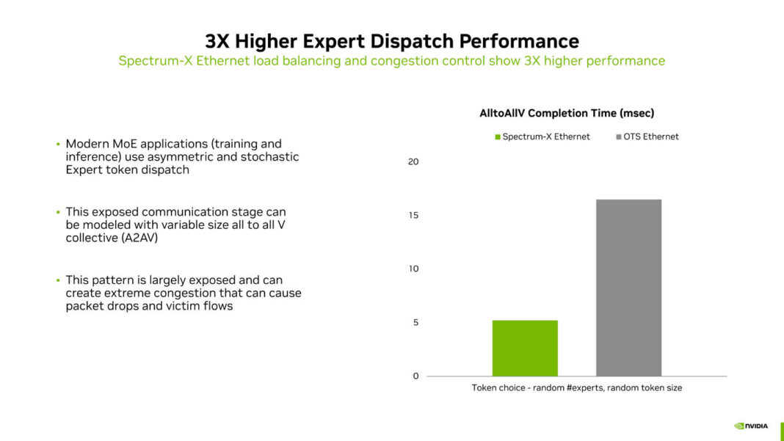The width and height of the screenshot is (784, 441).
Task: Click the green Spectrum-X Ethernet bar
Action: coord(525,348)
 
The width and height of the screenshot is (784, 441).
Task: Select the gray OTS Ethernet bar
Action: coord(628,288)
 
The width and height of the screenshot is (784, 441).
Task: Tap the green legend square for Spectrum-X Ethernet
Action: coord(498,136)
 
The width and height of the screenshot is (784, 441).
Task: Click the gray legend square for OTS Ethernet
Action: coord(618,136)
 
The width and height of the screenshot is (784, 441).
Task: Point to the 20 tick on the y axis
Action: coord(413,161)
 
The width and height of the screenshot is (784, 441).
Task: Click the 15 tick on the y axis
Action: coord(413,215)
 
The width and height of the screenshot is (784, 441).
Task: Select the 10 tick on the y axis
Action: coord(413,269)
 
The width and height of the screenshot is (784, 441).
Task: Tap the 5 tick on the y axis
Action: coord(415,322)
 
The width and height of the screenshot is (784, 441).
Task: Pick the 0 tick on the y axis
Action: coord(415,376)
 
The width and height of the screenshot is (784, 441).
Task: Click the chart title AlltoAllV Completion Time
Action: coord(566,113)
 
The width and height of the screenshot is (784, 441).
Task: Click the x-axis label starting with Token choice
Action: coord(576,387)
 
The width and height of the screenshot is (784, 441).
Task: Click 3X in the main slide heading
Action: coord(218,40)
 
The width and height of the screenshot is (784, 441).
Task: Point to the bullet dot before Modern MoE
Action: coord(58,145)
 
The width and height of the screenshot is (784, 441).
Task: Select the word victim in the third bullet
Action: coord(178,306)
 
